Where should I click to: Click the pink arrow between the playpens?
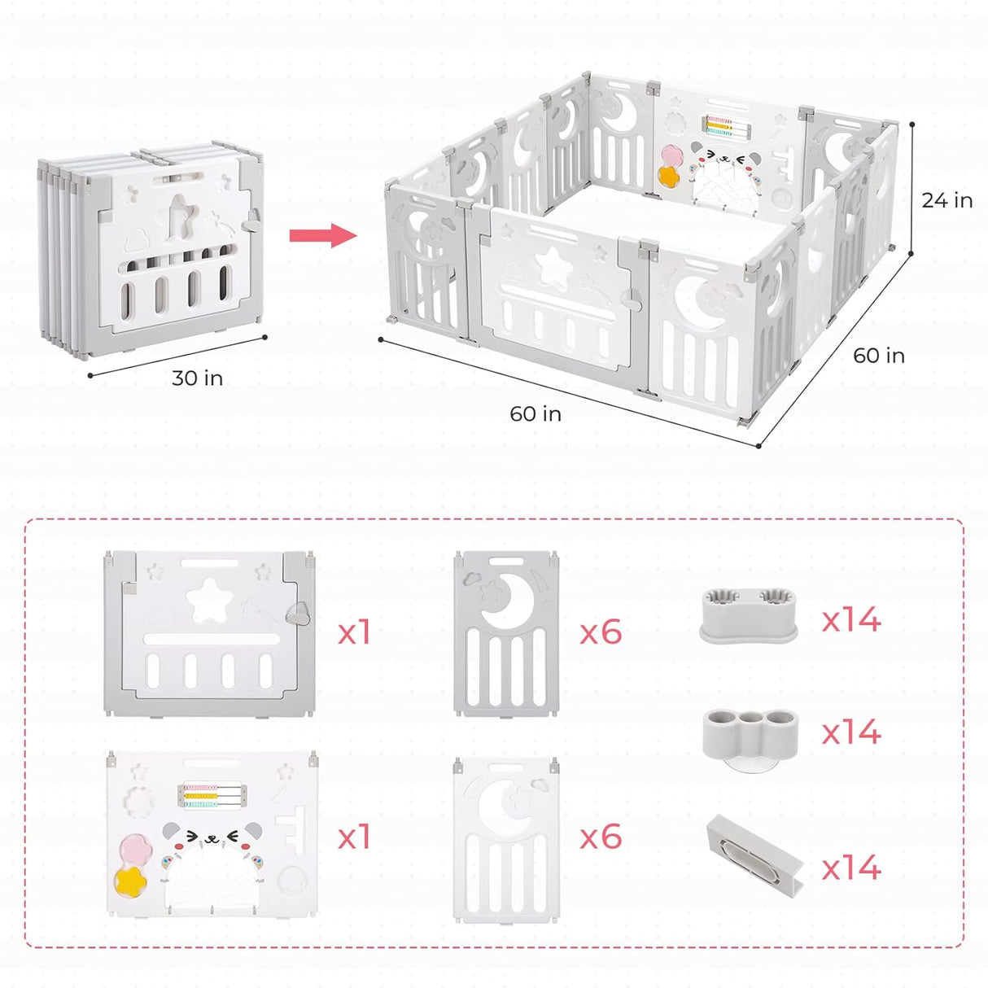tap(323, 236)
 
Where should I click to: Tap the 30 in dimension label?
tap(197, 378)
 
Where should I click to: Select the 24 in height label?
tap(946, 200)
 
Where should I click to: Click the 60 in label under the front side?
tap(536, 414)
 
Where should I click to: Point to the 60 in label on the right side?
tap(878, 356)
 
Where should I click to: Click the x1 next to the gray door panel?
tap(354, 632)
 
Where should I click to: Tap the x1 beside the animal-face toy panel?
tap(354, 837)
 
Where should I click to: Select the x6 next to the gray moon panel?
tap(601, 632)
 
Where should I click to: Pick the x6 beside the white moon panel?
tap(601, 837)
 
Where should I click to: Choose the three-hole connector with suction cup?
tap(750, 732)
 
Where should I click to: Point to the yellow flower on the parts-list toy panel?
tap(129, 880)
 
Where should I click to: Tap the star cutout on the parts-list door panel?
tap(209, 601)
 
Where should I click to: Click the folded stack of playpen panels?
tap(152, 248)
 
